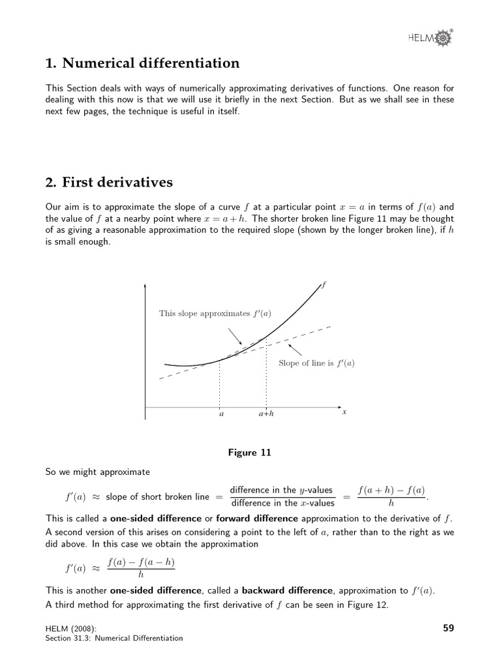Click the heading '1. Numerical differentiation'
(x=142, y=63)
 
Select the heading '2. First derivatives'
(x=109, y=181)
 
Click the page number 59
(x=448, y=628)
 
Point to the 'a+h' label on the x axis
(x=266, y=414)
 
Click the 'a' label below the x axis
(x=220, y=414)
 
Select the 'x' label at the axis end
(x=344, y=412)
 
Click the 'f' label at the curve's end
(x=325, y=284)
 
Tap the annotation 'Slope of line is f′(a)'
(x=316, y=363)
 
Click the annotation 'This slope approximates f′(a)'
(x=215, y=314)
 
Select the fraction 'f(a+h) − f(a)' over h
(x=391, y=496)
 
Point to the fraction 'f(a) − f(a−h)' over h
(x=141, y=568)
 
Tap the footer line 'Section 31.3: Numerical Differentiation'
(x=114, y=638)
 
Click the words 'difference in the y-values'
(x=282, y=491)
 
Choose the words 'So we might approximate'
(x=97, y=472)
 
